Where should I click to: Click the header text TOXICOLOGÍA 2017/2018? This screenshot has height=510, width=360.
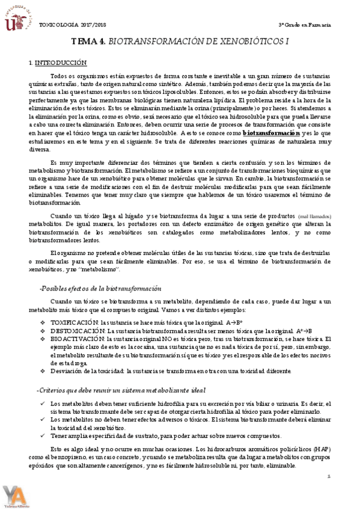coord(67,25)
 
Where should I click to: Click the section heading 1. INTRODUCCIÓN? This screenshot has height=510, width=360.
coord(58,63)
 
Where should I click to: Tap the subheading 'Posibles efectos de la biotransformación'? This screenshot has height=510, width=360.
coord(100,288)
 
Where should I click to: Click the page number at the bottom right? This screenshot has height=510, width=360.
coord(329,476)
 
